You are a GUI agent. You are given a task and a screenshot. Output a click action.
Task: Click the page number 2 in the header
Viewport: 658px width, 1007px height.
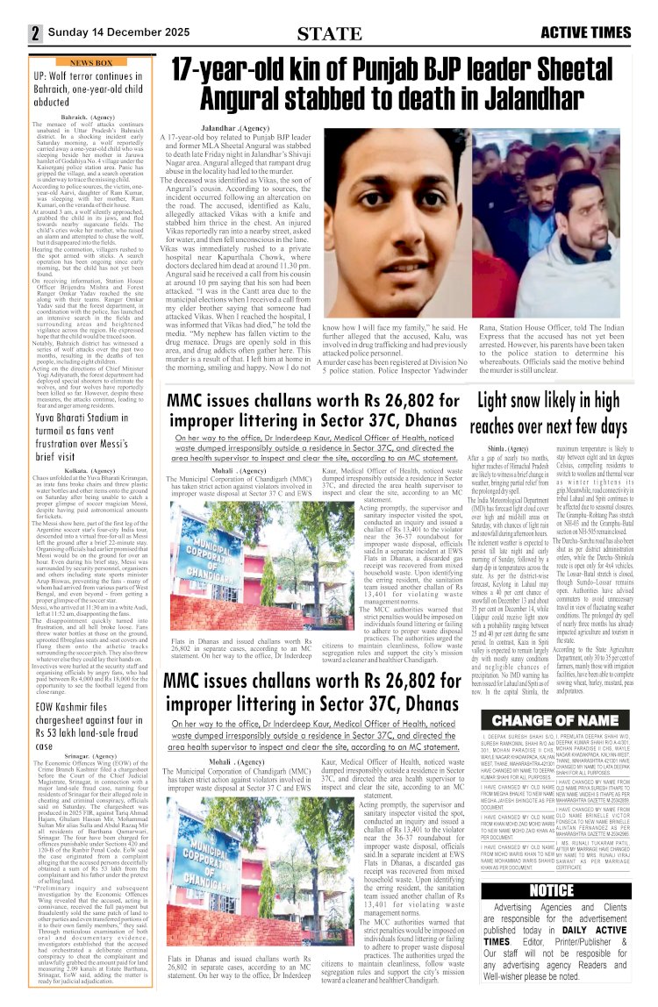[12, 33]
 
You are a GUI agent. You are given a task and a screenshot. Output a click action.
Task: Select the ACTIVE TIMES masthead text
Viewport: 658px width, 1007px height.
[585, 33]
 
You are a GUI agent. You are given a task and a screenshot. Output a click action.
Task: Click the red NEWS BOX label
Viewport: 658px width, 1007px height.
[91, 63]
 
